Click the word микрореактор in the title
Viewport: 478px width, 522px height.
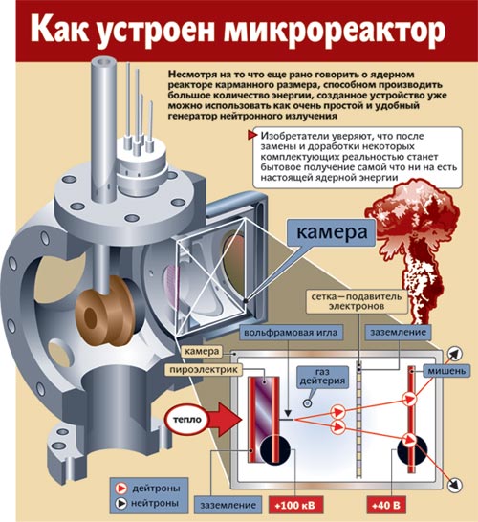tap(335, 30)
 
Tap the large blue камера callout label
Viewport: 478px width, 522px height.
tap(332, 232)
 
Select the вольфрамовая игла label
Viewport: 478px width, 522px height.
tap(291, 333)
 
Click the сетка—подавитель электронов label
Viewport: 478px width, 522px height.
tap(357, 301)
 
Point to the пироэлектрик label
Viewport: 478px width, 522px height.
tap(204, 370)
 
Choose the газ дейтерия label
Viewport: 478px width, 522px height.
tap(322, 377)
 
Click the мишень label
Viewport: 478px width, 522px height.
tap(446, 371)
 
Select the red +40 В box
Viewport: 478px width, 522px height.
tap(386, 505)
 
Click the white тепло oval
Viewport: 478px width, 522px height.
tap(187, 419)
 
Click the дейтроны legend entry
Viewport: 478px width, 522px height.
tap(147, 489)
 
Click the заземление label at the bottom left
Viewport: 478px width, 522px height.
tap(228, 505)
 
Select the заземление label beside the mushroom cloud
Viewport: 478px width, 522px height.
tap(398, 333)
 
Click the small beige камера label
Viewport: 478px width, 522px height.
tap(202, 352)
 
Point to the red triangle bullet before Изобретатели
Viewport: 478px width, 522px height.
tap(252, 136)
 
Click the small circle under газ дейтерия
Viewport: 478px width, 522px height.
tap(308, 403)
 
